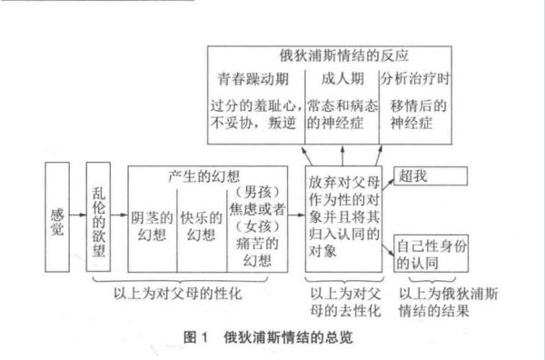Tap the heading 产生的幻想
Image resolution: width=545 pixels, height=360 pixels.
tap(207, 175)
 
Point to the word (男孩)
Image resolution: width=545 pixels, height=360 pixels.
tap(259, 193)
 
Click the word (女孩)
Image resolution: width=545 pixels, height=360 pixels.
tap(259, 225)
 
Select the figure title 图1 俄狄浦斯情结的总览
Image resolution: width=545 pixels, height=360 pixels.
tap(268, 336)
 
